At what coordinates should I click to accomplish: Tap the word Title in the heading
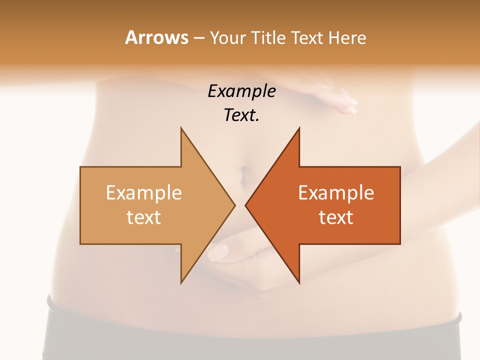coord(267,37)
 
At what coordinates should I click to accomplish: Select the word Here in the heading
coord(347,37)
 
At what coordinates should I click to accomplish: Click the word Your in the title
coord(227,37)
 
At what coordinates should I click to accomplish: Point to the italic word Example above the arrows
coord(241,91)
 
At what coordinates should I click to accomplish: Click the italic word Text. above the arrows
coord(241,115)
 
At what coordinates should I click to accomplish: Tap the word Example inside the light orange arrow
coord(144,193)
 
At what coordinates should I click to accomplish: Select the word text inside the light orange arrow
coord(144,217)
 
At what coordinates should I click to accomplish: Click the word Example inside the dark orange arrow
coord(336,193)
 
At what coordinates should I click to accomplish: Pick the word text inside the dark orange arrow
coord(336,217)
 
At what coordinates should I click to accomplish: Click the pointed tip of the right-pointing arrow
coord(235,205)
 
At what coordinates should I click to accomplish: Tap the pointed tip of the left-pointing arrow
coord(245,205)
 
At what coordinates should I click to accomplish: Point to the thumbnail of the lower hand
coord(218,251)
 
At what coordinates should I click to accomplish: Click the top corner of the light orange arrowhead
coord(181,128)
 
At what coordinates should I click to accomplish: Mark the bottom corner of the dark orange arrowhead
coord(299,283)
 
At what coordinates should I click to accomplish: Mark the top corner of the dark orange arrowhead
coord(299,128)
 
